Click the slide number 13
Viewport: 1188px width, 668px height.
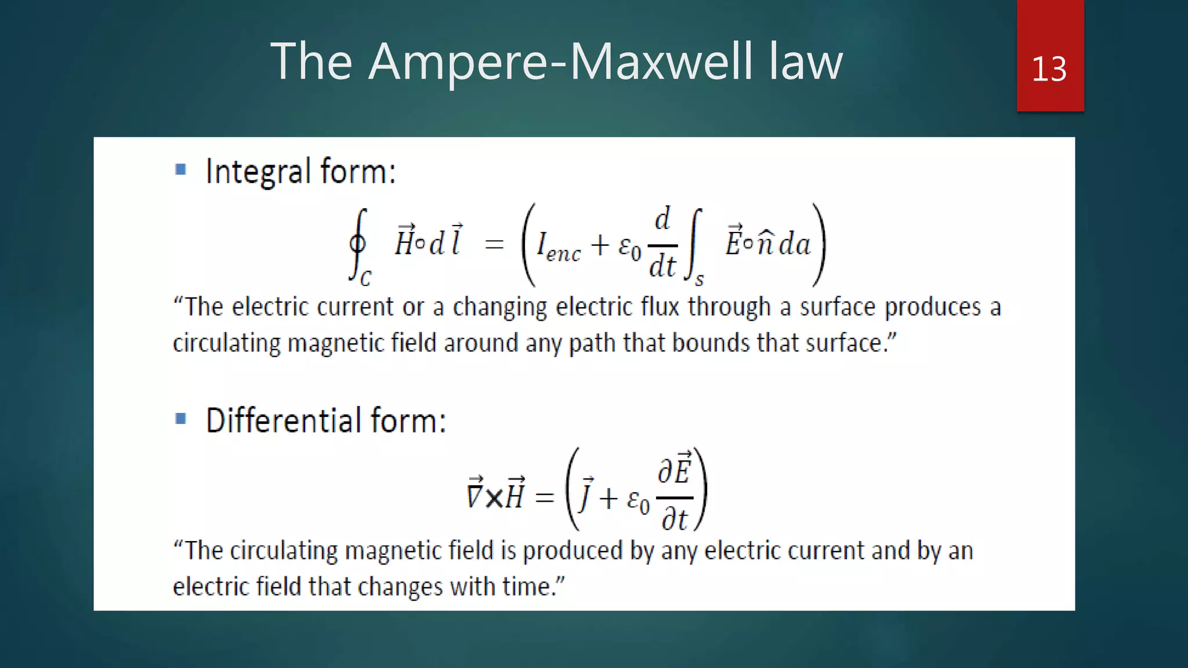[x=1049, y=70]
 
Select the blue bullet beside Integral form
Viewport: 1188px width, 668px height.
[x=180, y=169]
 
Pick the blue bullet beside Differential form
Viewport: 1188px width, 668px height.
[x=180, y=418]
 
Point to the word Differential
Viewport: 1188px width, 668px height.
[x=284, y=420]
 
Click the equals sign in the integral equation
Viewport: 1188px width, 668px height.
[x=494, y=245]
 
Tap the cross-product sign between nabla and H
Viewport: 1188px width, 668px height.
[x=494, y=498]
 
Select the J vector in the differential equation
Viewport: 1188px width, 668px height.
[x=586, y=494]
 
